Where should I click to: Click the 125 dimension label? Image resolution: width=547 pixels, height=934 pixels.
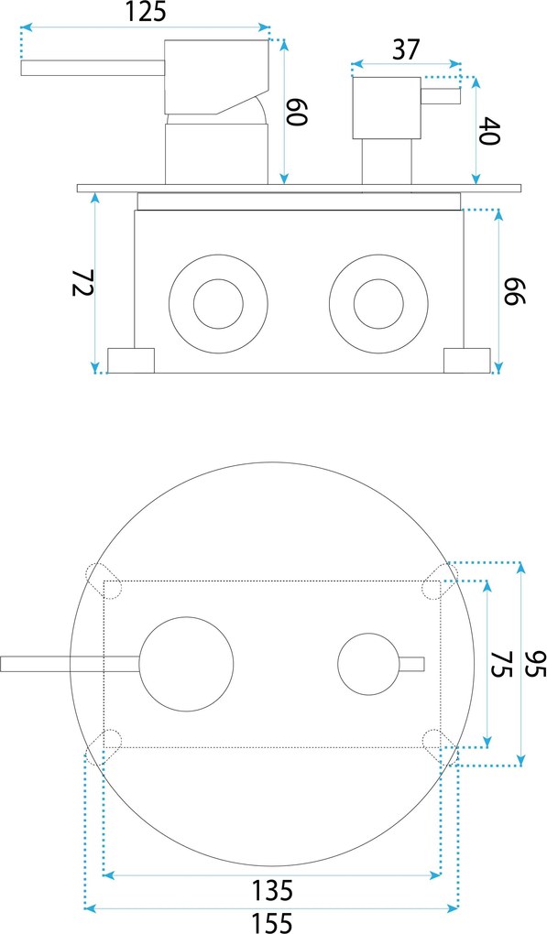tap(145, 12)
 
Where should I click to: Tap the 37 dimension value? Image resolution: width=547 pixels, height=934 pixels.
tap(407, 49)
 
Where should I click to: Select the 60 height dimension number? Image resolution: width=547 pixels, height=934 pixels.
tap(297, 112)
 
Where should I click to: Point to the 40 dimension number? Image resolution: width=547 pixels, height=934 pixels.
tap(488, 131)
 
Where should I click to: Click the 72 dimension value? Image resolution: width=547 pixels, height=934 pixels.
tap(82, 283)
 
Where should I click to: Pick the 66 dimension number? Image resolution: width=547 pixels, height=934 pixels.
tap(514, 290)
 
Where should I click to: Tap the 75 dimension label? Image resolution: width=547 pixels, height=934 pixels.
tap(500, 663)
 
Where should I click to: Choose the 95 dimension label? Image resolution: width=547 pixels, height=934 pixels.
tap(534, 663)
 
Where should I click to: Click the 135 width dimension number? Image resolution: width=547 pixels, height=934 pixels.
tap(272, 891)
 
